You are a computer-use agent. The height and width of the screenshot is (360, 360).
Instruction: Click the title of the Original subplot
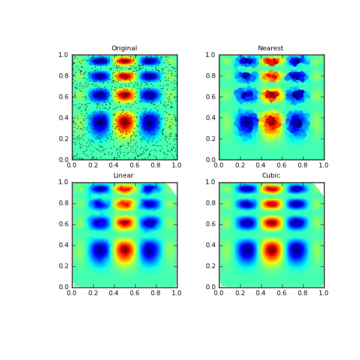point(124,49)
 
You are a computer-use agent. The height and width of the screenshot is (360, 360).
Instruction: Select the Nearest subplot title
point(271,49)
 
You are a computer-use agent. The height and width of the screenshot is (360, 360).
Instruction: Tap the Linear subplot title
point(124,176)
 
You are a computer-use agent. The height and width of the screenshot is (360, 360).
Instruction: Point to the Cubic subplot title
point(271,176)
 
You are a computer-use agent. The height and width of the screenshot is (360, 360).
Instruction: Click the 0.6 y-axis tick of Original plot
point(63,97)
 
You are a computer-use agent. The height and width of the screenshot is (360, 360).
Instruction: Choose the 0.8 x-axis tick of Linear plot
point(156,292)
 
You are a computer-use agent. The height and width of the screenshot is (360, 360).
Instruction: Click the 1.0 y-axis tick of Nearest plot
point(210,55)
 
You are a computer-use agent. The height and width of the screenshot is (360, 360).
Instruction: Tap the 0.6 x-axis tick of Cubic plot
point(282,292)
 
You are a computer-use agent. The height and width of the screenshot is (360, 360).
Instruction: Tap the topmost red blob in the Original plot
point(124,61)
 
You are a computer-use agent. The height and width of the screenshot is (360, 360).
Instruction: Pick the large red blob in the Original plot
point(124,122)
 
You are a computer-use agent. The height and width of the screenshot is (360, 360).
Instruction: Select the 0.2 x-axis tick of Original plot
point(93,165)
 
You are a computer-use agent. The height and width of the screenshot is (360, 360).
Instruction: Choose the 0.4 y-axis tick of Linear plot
point(63,245)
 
